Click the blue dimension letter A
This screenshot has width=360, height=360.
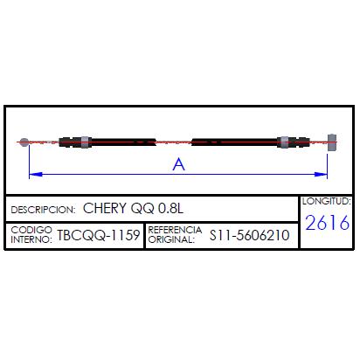(x=178, y=164)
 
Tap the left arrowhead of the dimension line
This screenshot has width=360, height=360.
(x=36, y=174)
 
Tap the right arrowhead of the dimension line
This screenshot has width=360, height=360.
(x=321, y=174)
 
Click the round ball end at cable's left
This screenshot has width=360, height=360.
(x=24, y=142)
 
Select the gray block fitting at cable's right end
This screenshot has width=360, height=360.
(x=332, y=142)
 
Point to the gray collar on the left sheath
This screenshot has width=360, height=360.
(x=85, y=142)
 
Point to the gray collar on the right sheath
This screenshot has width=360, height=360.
(x=285, y=142)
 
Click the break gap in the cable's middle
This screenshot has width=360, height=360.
(x=174, y=142)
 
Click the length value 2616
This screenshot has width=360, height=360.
(x=327, y=223)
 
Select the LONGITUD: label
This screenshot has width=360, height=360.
(x=327, y=201)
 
